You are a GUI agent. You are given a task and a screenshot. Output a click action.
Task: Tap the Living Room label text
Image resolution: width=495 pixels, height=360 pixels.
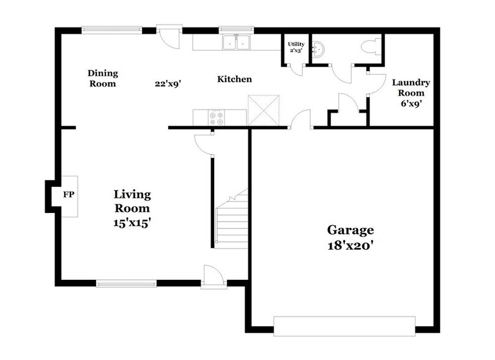(x=132, y=201)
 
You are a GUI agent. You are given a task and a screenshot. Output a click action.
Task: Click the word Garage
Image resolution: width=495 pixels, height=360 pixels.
(x=350, y=230)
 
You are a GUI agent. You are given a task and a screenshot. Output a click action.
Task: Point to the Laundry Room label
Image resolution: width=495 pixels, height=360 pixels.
(x=411, y=88)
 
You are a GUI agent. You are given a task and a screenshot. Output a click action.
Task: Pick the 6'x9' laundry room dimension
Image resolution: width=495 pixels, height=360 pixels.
(x=411, y=103)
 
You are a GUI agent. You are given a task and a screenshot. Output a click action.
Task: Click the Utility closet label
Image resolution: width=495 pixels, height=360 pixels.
(x=296, y=47)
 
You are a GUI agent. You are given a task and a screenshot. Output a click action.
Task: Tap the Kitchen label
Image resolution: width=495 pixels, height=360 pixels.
(x=235, y=80)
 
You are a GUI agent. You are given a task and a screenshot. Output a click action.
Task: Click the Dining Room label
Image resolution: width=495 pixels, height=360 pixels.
(x=102, y=78)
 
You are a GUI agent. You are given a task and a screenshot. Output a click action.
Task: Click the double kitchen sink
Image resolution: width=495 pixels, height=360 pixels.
(x=237, y=42)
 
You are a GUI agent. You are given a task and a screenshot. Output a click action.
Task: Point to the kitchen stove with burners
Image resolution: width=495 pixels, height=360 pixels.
(x=217, y=117)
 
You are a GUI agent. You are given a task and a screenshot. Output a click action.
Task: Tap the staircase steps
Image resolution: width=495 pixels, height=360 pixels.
(x=232, y=217)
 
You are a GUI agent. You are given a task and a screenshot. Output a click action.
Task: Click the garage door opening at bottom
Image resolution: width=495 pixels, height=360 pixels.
(x=344, y=326)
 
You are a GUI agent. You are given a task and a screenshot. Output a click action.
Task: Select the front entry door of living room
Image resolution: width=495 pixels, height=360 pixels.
(x=214, y=276)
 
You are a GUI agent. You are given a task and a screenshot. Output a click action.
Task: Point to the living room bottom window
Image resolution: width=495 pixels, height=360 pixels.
(x=126, y=283)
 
